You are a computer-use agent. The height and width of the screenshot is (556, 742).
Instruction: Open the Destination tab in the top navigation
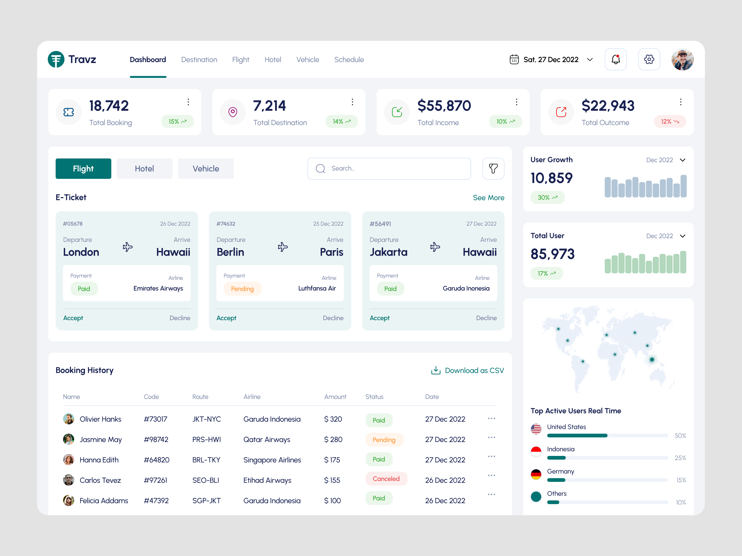click(199, 60)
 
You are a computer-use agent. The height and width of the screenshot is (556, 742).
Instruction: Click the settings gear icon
click(649, 59)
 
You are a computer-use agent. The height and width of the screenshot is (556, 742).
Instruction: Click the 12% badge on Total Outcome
click(670, 121)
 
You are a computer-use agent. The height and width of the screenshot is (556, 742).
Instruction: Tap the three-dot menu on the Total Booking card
click(188, 102)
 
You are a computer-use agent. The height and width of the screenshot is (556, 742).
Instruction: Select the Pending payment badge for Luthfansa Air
click(242, 289)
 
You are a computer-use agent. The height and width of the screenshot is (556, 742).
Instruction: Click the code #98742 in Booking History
click(156, 439)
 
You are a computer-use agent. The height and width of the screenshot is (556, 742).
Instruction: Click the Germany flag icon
click(536, 474)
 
